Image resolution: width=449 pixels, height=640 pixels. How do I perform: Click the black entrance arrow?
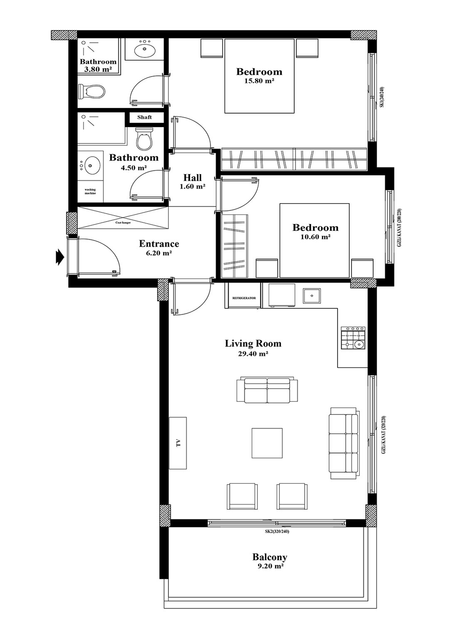tap(59, 257)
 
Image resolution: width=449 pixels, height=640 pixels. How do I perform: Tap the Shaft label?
tap(144, 117)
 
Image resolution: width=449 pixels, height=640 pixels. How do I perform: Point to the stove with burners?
tap(353, 338)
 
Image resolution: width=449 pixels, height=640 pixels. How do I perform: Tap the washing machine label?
tap(90, 192)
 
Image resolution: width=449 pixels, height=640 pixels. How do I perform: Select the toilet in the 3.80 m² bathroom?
tap(91, 91)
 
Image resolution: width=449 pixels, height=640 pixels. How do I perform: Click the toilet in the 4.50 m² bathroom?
tap(144, 139)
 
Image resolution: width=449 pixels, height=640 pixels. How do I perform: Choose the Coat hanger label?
tap(123, 222)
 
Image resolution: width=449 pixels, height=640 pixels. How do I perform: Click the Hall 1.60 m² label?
tap(192, 182)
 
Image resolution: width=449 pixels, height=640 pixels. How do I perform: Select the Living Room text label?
tap(253, 343)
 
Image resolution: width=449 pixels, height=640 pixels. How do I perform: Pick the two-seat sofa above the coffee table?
tap(267, 390)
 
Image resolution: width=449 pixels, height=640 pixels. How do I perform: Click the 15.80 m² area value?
tap(259, 81)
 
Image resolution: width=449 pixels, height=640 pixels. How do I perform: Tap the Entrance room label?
tap(159, 244)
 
